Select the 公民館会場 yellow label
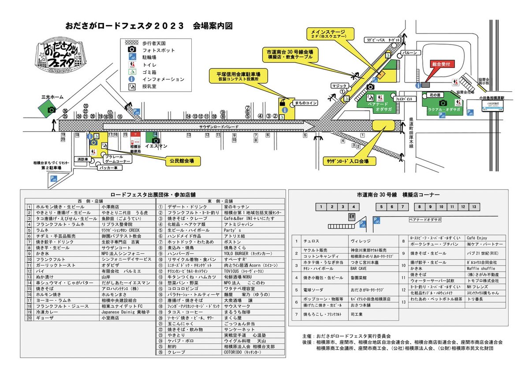[183, 161]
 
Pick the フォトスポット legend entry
[158, 50]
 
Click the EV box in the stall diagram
[352, 217]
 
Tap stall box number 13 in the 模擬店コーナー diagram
[473, 206]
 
